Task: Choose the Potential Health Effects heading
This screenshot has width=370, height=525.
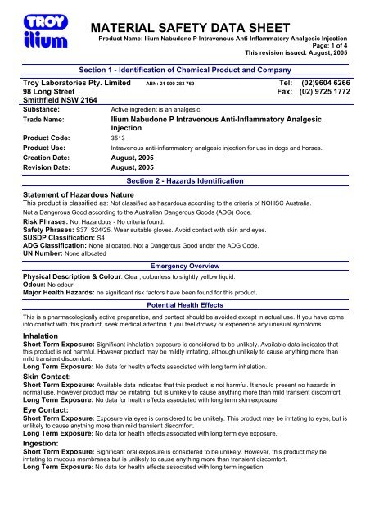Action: pos(185,303)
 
